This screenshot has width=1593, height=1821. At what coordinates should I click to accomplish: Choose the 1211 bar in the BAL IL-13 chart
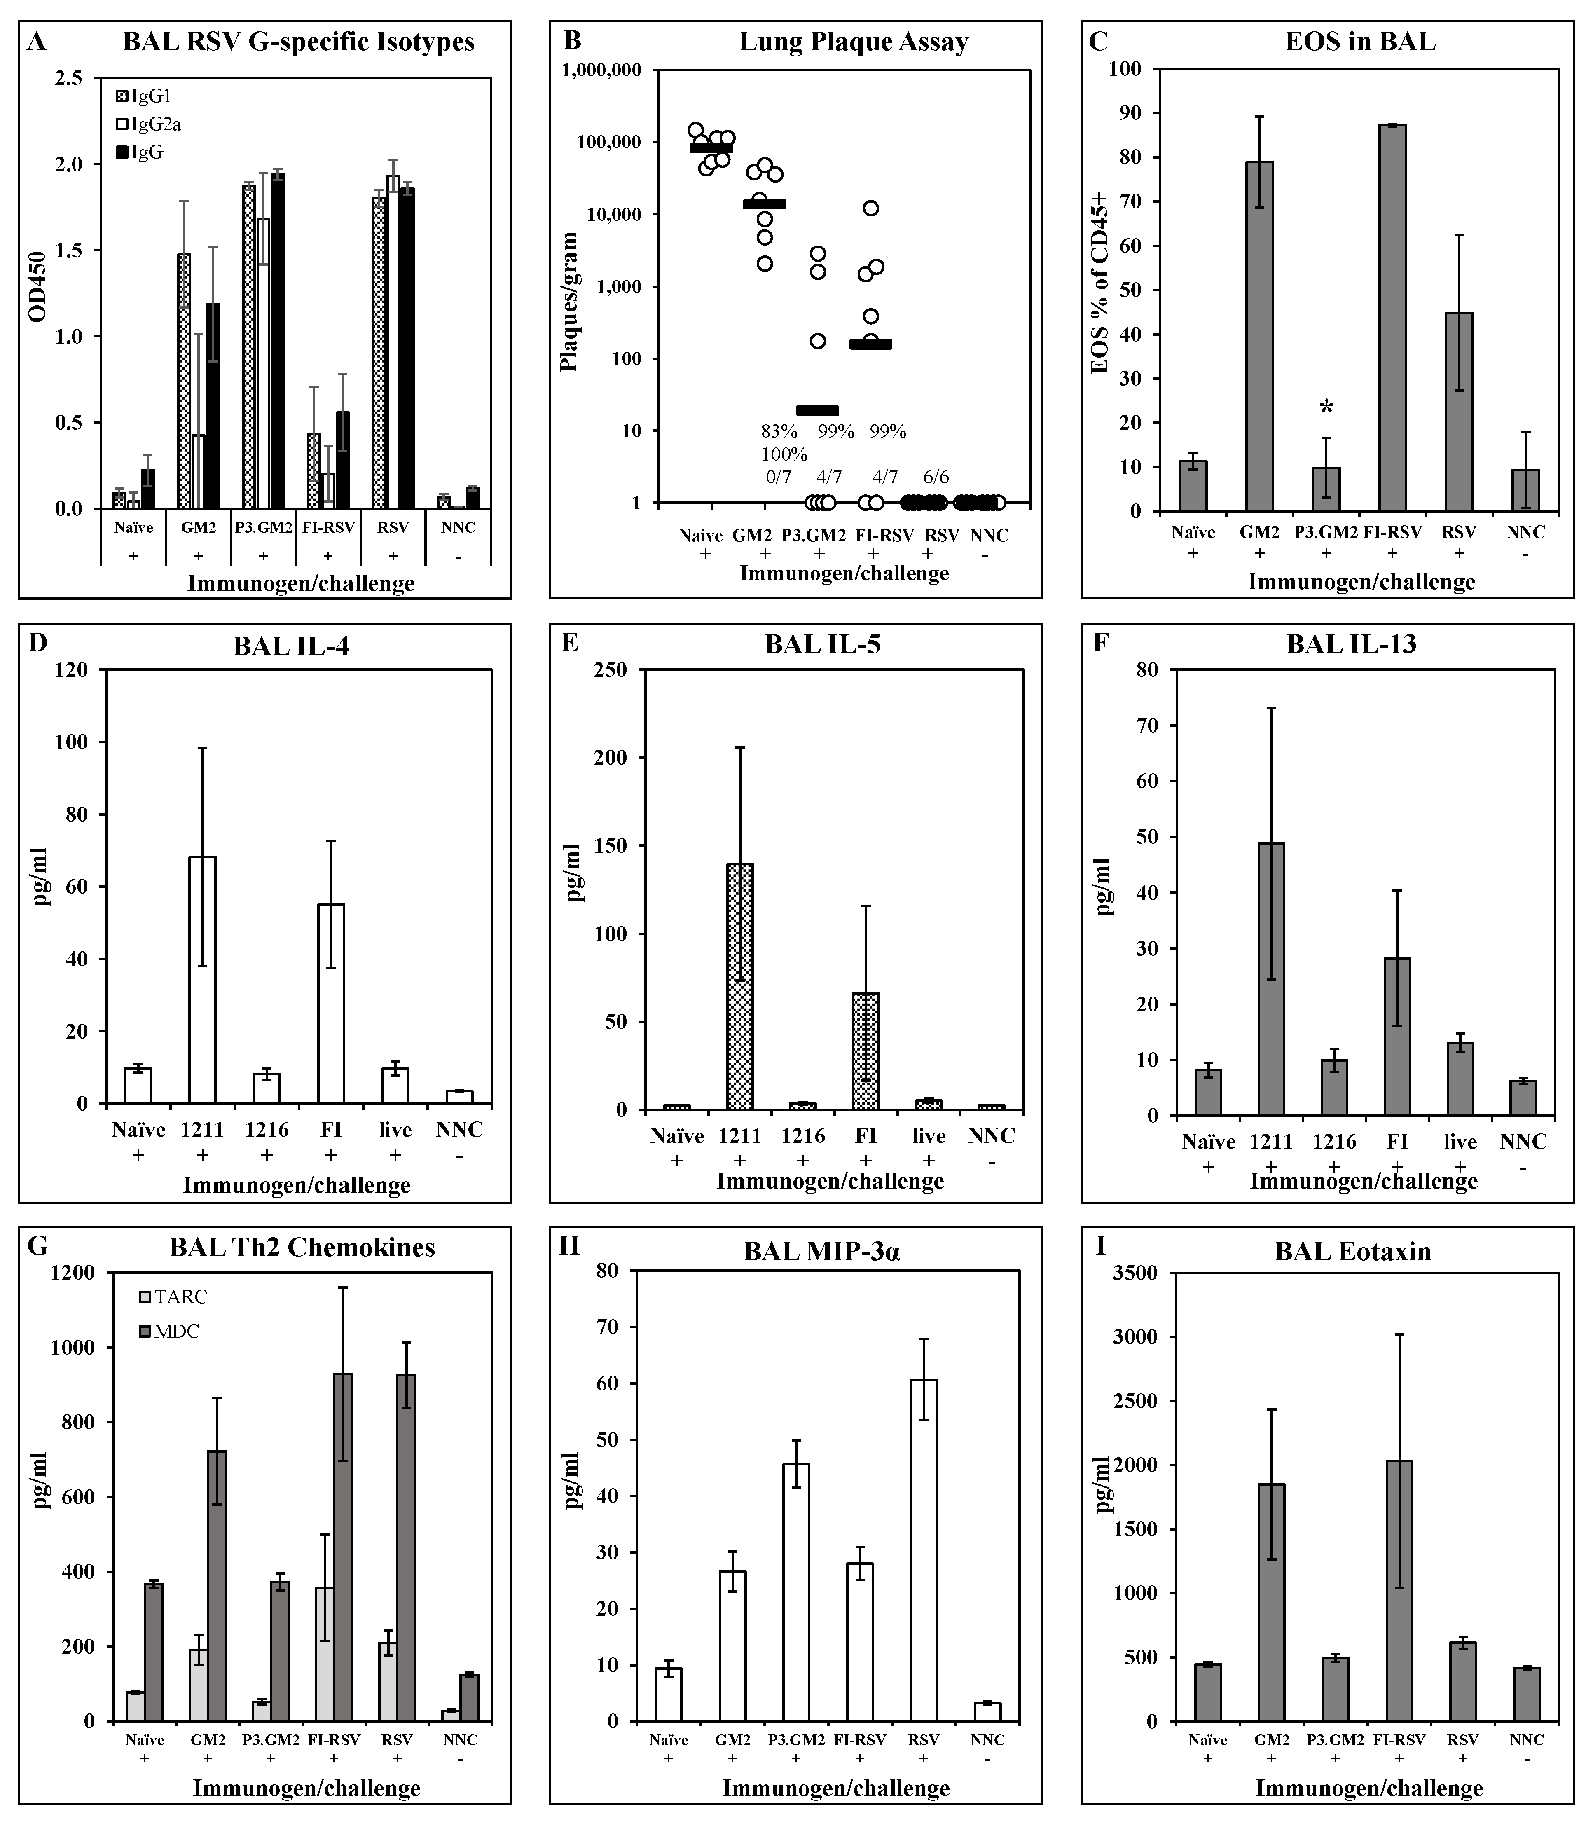point(1271,978)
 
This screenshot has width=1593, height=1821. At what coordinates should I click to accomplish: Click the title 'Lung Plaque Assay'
point(854,42)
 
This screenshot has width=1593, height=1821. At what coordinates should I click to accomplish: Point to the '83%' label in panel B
point(779,431)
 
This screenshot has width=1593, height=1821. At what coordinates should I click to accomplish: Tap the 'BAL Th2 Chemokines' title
point(302,1248)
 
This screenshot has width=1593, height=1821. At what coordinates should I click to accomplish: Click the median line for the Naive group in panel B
point(711,147)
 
